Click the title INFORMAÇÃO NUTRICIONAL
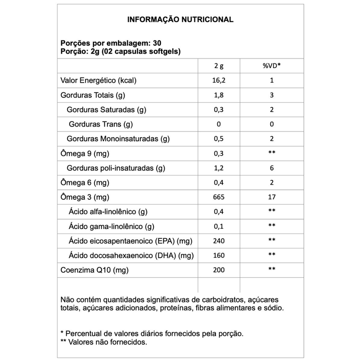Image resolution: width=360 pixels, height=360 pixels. (180, 20)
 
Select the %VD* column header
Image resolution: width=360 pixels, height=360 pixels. (271, 66)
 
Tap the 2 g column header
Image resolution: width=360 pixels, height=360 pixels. (219, 66)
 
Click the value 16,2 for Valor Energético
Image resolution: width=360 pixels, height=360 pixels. (219, 81)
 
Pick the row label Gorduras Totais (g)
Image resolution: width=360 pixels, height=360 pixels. (92, 95)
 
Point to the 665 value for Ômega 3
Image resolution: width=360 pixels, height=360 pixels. (219, 197)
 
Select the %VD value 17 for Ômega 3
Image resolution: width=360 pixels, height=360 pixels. (271, 197)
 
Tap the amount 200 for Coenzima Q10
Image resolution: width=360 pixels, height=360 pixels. (219, 270)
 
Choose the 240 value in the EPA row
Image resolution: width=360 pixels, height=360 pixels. (219, 241)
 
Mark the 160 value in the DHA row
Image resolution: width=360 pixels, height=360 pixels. (219, 256)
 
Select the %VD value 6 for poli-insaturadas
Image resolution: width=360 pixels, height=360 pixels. (271, 168)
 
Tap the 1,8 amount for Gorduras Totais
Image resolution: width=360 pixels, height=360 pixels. (219, 95)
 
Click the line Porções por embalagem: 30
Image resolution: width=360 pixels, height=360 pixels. (111, 44)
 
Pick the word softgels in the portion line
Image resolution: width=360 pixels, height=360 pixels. (165, 51)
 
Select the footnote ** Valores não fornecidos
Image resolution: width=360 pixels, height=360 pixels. (103, 342)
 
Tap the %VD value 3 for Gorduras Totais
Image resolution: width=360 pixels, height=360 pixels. (271, 95)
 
